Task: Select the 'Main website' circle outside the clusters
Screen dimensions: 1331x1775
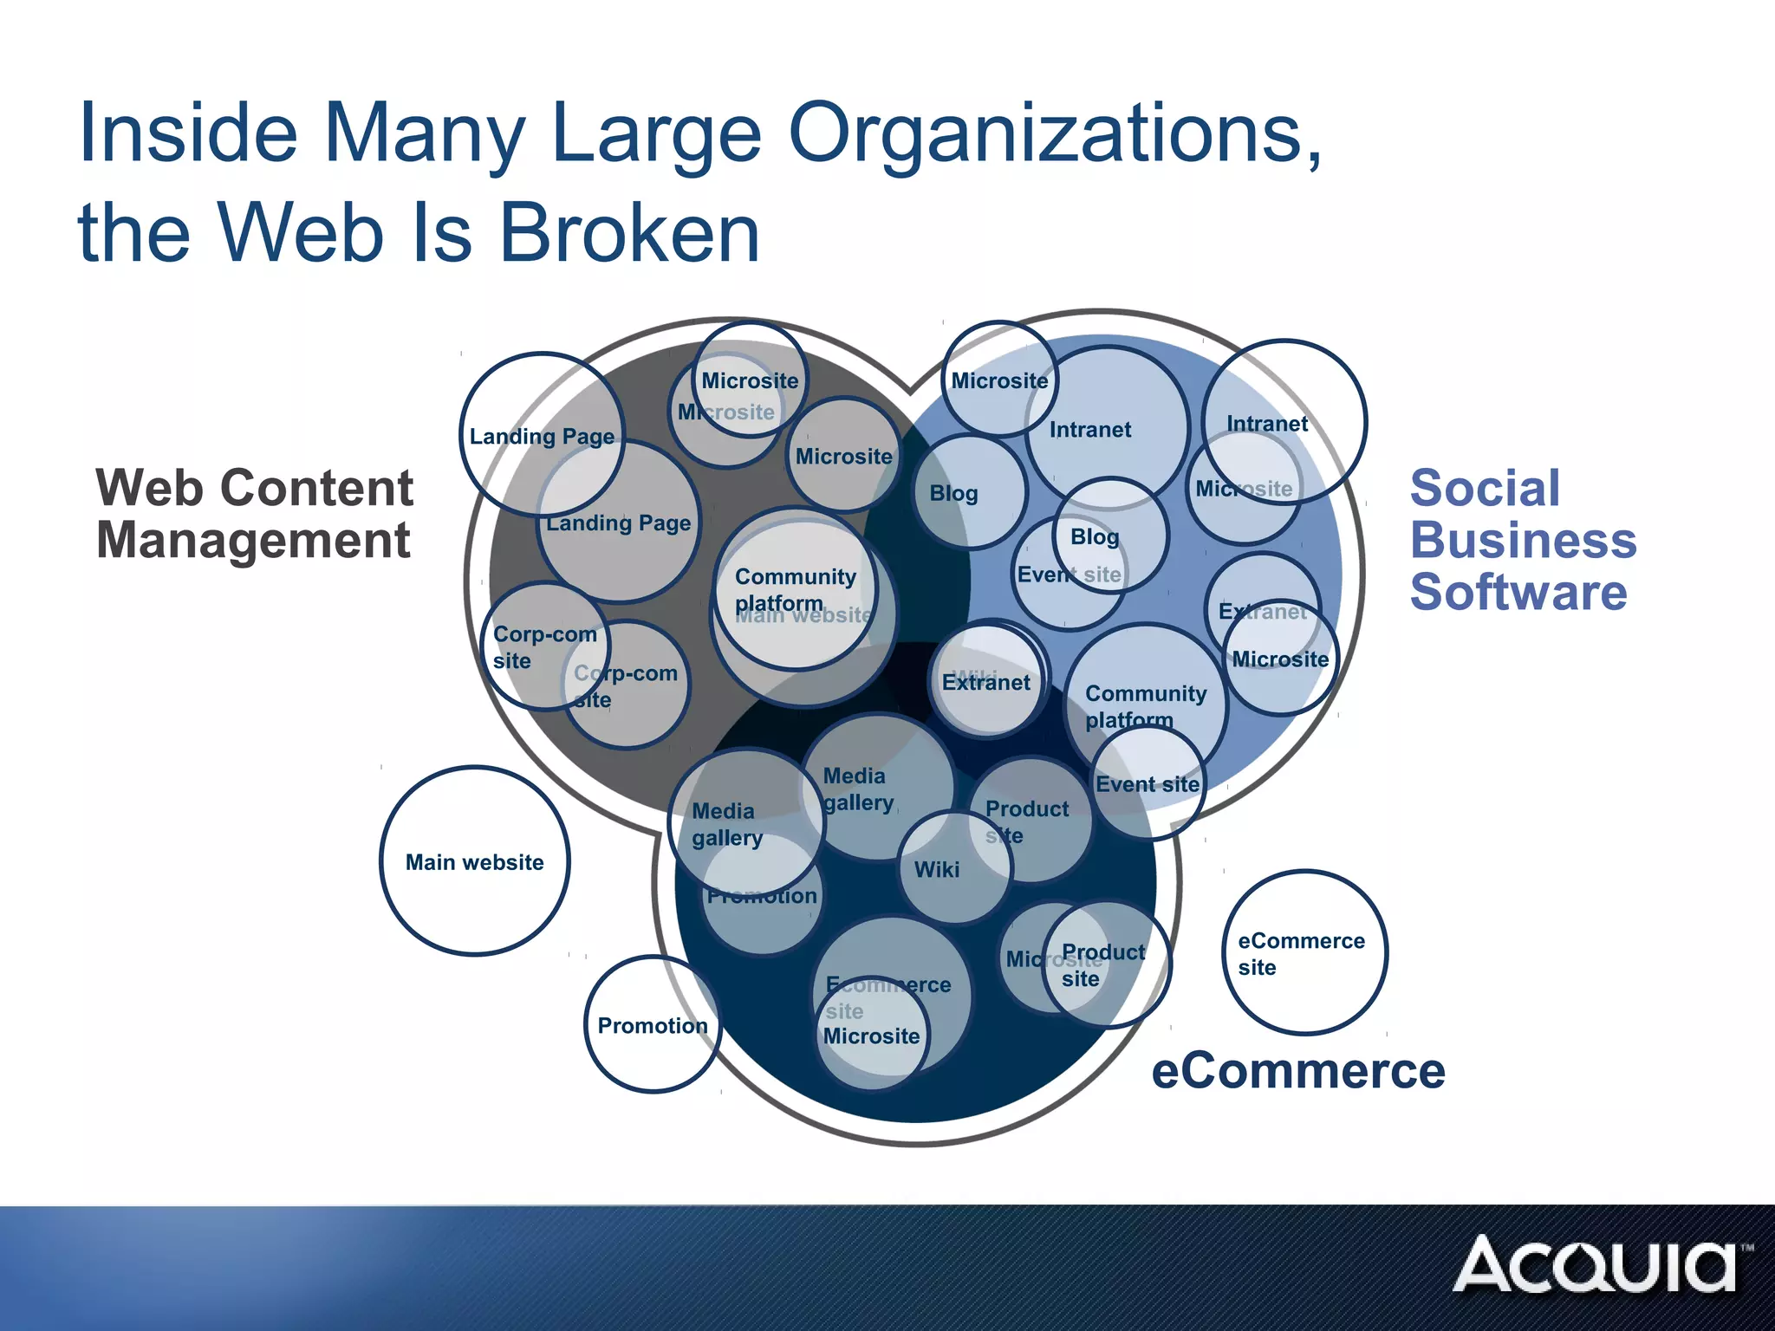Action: (474, 862)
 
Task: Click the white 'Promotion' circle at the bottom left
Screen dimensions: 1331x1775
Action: (653, 1026)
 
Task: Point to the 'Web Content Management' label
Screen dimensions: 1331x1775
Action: (254, 514)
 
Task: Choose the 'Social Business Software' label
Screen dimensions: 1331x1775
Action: (1523, 540)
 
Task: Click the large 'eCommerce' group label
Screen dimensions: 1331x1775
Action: (1297, 1071)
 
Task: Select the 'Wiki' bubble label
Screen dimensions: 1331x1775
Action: (937, 869)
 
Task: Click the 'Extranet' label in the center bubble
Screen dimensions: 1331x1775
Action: (986, 683)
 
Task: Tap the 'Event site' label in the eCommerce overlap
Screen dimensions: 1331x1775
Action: (1148, 784)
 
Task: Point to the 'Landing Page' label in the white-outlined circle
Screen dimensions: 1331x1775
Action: (542, 436)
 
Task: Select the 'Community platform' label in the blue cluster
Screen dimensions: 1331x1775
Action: (1145, 706)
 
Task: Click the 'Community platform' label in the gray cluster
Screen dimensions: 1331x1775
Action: (795, 589)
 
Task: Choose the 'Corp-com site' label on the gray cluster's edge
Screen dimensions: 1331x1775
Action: (544, 647)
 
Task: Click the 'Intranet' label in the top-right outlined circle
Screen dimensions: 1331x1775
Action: (1267, 424)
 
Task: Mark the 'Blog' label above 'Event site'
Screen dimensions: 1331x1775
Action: (1095, 537)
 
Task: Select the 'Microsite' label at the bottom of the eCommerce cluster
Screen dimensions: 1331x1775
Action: (871, 1036)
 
